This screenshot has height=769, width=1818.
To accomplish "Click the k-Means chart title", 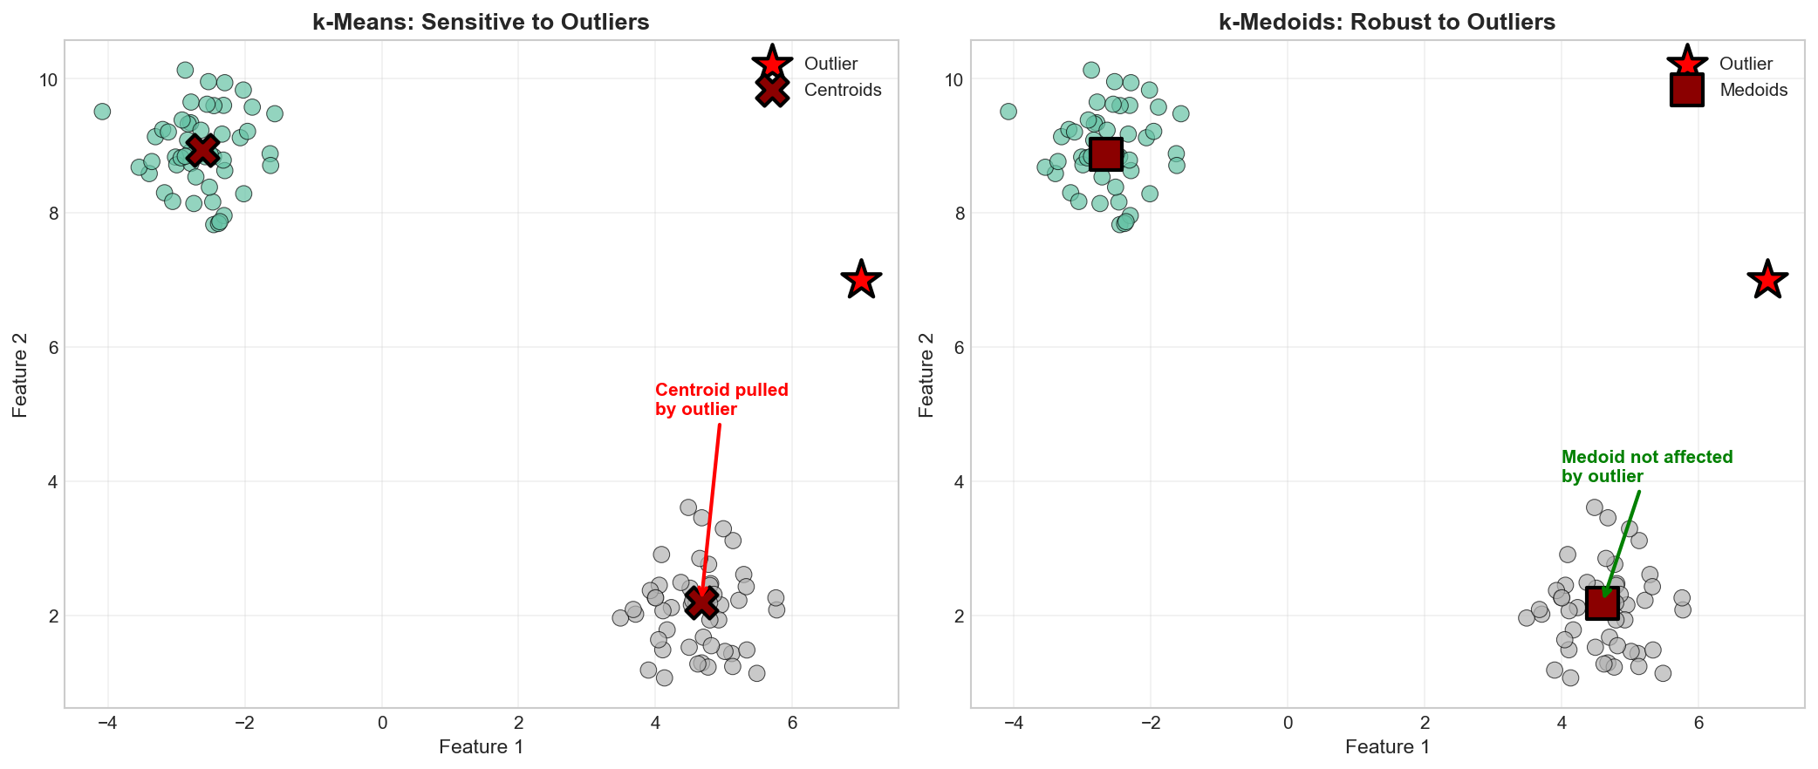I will pos(481,22).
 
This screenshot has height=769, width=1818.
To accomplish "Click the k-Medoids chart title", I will pos(1387,22).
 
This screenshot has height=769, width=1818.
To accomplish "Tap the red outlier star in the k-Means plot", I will pos(861,280).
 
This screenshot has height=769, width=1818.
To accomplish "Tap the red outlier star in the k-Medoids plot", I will pos(1767,280).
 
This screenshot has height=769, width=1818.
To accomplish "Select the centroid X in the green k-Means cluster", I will pos(202,150).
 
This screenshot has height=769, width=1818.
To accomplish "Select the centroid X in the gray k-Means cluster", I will pos(701,602).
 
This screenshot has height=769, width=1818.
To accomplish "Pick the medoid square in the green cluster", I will pos(1106,154).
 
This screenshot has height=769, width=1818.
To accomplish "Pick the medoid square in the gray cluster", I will pos(1603,603).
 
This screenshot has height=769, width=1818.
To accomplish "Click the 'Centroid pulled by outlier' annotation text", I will pos(721,399).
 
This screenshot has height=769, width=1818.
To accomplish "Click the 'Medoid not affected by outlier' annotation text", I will pos(1647,466).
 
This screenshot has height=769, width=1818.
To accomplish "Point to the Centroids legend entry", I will pos(842,90).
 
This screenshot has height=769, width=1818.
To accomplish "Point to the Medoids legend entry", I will pos(1753,90).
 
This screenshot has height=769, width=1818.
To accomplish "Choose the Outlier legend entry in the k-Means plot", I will pos(830,64).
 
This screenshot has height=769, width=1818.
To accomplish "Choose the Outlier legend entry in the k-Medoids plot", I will pos(1746,64).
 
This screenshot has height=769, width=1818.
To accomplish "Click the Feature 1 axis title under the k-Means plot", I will pos(481,746).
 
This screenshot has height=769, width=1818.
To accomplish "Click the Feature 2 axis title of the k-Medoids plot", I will pos(926,374).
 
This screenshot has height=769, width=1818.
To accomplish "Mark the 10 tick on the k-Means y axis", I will pos(48,79).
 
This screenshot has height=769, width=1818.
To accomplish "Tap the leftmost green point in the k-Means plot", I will pos(102,112).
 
